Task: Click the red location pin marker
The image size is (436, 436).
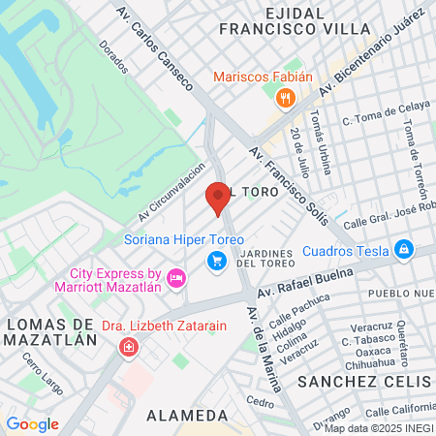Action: [217, 198]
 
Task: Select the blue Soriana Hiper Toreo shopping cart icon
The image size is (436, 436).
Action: [217, 260]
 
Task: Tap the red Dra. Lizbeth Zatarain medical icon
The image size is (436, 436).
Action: [127, 347]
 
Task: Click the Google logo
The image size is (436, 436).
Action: [32, 423]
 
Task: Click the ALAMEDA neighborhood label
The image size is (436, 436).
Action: [187, 415]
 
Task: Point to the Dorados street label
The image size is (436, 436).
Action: [113, 57]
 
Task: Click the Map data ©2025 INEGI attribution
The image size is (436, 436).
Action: [379, 427]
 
